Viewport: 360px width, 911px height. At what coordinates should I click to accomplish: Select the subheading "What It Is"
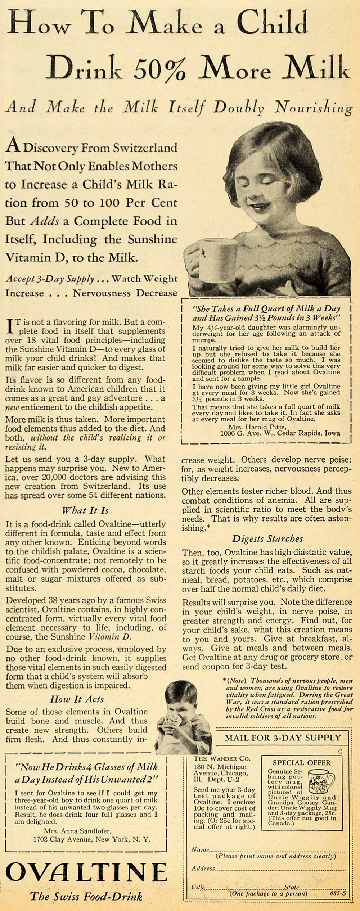coord(85,510)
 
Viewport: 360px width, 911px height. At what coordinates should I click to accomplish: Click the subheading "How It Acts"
coord(77,699)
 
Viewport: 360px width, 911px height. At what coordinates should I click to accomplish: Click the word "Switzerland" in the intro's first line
coord(145,148)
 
